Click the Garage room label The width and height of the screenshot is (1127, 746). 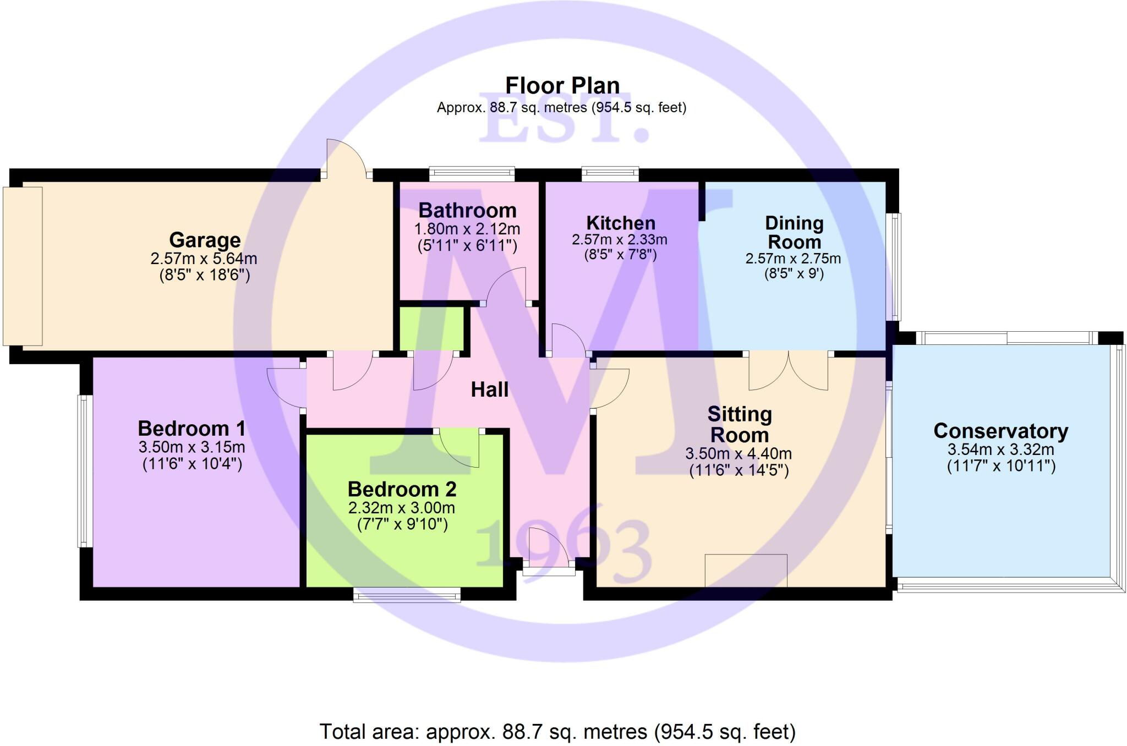[205, 240]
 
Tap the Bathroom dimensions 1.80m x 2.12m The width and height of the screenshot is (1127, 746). [467, 229]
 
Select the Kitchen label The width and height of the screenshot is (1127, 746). [621, 223]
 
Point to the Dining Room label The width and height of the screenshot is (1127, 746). [794, 233]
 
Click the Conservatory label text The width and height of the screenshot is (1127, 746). [1000, 431]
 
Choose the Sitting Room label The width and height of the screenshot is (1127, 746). [739, 424]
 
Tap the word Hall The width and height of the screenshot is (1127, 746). [489, 390]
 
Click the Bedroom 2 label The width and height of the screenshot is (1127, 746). [402, 489]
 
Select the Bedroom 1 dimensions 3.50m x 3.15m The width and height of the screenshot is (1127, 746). [192, 447]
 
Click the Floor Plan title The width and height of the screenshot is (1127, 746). [562, 86]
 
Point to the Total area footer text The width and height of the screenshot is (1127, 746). [557, 732]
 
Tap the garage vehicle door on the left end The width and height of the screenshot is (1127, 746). [23, 266]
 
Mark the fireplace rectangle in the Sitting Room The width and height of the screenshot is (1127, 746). [746, 571]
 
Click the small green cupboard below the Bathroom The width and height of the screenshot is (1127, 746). [431, 328]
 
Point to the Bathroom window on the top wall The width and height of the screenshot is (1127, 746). [472, 174]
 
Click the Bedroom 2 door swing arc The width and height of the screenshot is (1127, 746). [459, 448]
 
